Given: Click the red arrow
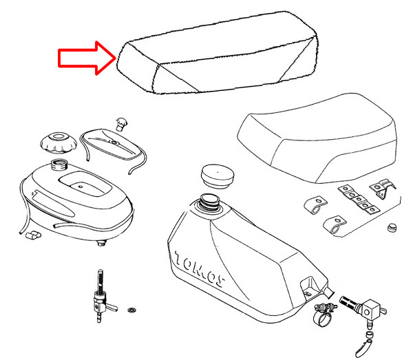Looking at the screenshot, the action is [87, 58].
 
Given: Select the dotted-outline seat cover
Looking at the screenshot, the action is [218, 53].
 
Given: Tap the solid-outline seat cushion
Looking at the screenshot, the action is [317, 138].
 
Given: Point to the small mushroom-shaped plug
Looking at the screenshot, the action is [121, 124].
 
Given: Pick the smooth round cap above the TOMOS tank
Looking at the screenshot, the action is [218, 176].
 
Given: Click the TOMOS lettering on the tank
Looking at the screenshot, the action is [200, 269].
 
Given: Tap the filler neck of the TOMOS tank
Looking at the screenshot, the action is [210, 202].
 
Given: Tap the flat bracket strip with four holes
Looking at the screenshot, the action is [359, 200].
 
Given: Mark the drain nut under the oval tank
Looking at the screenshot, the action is [101, 243].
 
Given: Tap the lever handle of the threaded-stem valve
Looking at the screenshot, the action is [110, 306].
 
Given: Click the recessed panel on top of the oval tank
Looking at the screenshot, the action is [85, 184].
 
